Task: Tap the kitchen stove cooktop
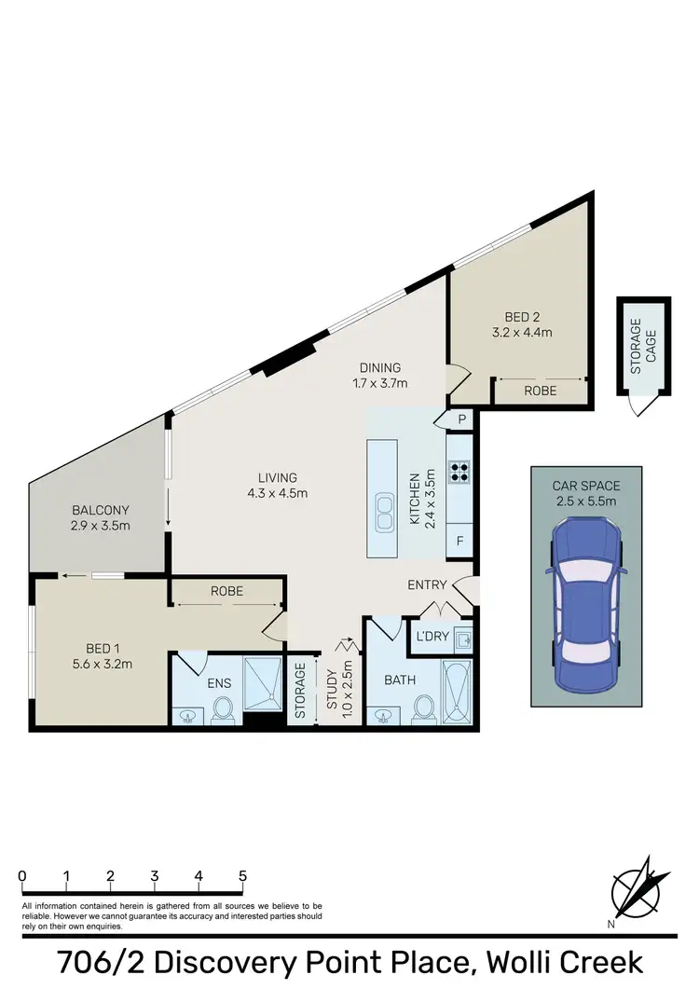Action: click(459, 471)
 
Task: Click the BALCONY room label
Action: click(101, 511)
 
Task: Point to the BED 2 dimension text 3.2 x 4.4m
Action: click(523, 332)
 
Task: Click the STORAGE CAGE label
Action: click(643, 347)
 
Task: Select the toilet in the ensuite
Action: click(222, 709)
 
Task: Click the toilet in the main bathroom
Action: click(423, 708)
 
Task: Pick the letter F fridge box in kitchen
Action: click(460, 540)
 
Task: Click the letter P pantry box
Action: click(460, 421)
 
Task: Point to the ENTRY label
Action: click(428, 585)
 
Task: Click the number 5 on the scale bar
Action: click(242, 877)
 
